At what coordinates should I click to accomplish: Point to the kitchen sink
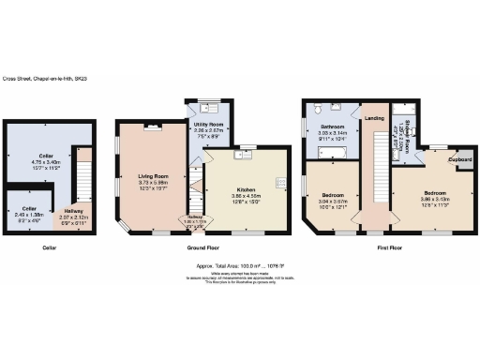[x=247, y=147]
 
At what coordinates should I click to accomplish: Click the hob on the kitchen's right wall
[x=279, y=180]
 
